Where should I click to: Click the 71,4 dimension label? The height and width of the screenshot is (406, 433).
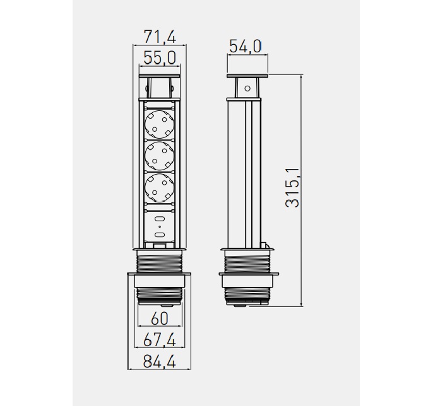coord(160,37)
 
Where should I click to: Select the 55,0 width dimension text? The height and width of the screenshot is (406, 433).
coord(160,58)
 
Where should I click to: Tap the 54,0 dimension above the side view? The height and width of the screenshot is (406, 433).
coord(245,46)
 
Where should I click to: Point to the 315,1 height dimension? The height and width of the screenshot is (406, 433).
coord(292,187)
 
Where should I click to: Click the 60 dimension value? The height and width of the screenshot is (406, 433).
coord(160,318)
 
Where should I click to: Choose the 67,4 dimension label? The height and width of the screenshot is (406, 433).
coord(160,340)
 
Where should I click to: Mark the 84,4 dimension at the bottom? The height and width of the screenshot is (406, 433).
coord(160,361)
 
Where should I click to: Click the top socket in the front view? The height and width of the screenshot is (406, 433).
coord(160,124)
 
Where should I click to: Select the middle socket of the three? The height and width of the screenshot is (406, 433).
coord(160,156)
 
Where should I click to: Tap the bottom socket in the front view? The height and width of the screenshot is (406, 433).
coord(160,187)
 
